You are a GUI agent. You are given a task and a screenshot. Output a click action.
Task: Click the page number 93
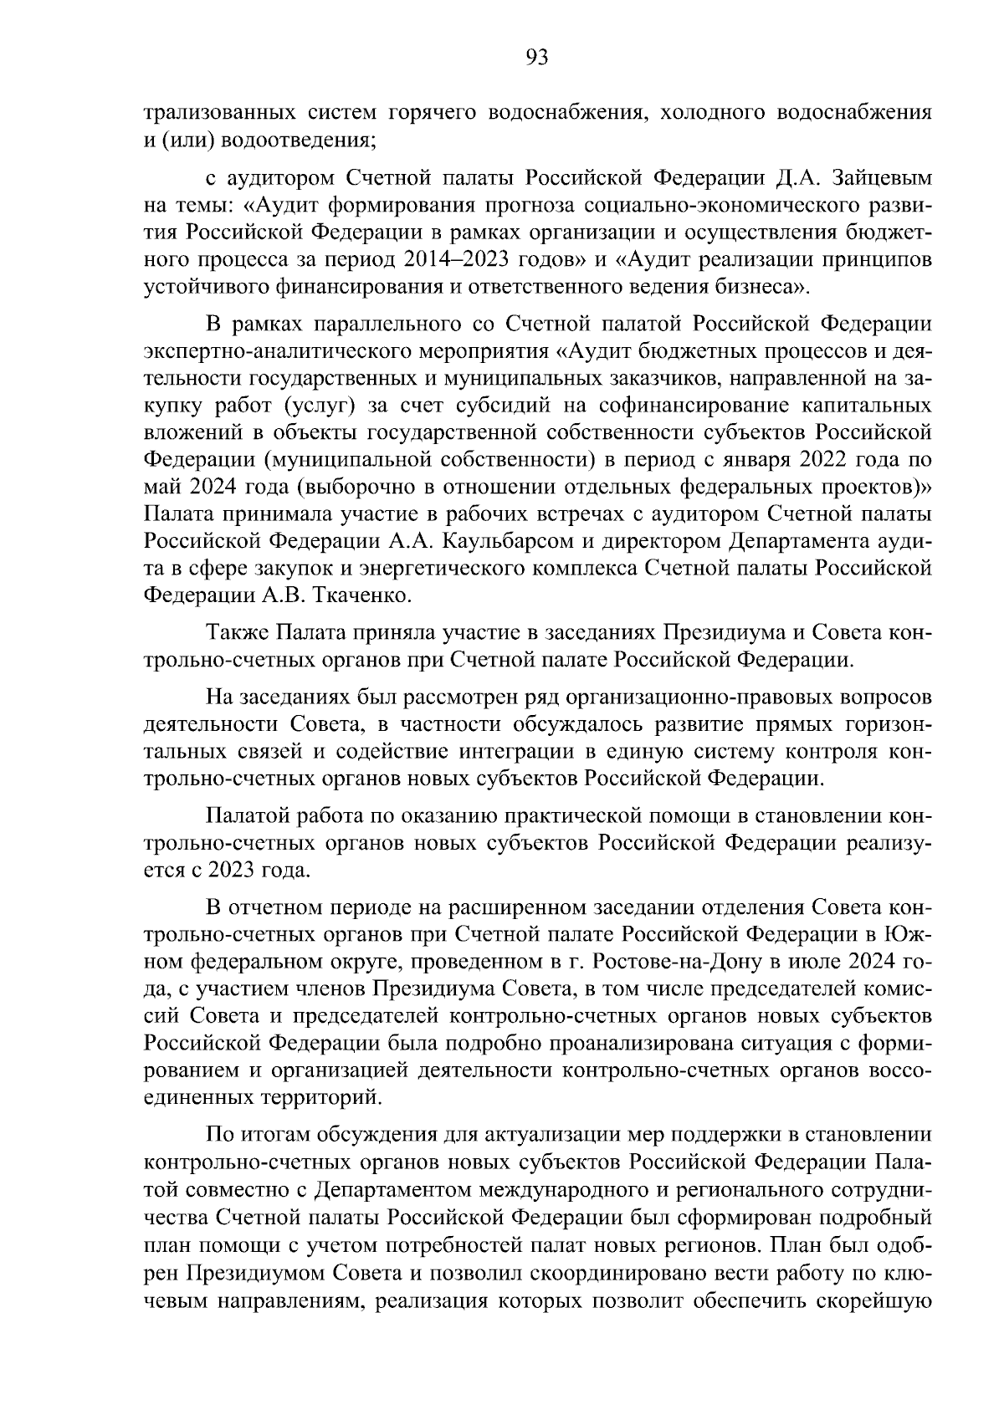[x=536, y=58]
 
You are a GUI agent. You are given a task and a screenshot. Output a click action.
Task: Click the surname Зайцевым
[x=878, y=179]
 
